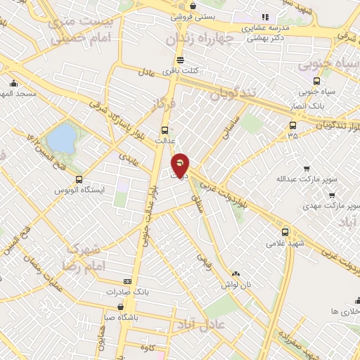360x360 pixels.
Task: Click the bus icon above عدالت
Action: (165, 130)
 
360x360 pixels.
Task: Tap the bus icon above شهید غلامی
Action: (285, 231)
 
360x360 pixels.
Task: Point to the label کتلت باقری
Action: (181, 71)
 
